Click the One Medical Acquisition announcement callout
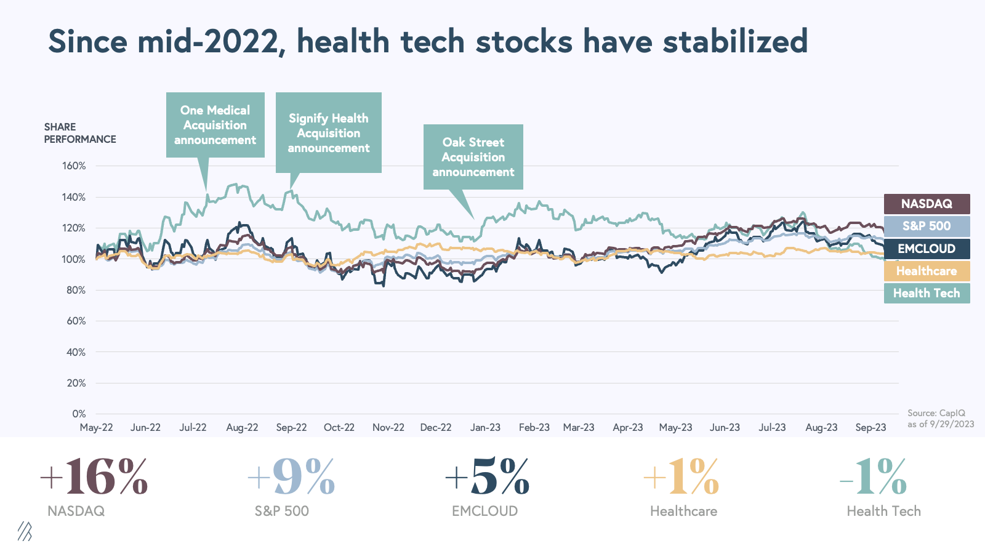pyautogui.click(x=215, y=125)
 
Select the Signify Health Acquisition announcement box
pyautogui.click(x=328, y=133)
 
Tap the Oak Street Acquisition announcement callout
pyautogui.click(x=473, y=157)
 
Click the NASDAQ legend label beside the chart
pyautogui.click(x=927, y=204)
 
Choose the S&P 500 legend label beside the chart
pyautogui.click(x=927, y=226)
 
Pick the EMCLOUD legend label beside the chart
pyautogui.click(x=927, y=249)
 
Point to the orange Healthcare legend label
pyautogui.click(x=927, y=271)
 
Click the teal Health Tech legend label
pyautogui.click(x=927, y=293)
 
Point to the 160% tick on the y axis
pyautogui.click(x=74, y=166)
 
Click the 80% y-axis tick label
pyautogui.click(x=76, y=290)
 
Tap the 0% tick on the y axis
pyautogui.click(x=79, y=414)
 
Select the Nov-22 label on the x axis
pyautogui.click(x=388, y=427)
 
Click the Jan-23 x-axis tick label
pyautogui.click(x=485, y=427)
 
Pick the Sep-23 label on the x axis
pyautogui.click(x=870, y=427)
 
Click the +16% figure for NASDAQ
pyautogui.click(x=94, y=477)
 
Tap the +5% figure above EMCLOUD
pyautogui.click(x=487, y=477)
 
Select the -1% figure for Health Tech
pyautogui.click(x=874, y=477)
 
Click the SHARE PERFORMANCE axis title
pyautogui.click(x=79, y=133)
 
